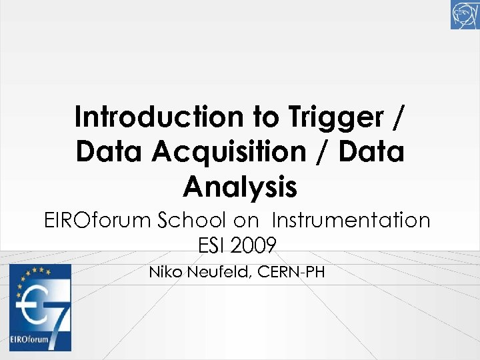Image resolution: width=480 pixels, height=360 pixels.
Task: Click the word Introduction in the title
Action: [159, 117]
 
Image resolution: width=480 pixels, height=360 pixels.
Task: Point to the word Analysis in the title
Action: [240, 187]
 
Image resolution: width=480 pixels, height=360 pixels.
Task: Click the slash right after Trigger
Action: [399, 117]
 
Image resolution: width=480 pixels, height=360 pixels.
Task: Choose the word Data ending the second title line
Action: [372, 152]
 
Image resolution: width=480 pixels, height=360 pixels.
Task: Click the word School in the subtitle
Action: [194, 220]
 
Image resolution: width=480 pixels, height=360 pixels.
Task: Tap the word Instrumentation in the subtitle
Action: [351, 220]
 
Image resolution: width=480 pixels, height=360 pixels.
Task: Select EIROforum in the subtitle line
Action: [97, 220]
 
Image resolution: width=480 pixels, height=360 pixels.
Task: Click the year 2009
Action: [254, 246]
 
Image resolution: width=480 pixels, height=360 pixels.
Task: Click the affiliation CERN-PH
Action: [291, 272]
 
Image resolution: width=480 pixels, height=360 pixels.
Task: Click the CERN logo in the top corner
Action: [465, 15]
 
